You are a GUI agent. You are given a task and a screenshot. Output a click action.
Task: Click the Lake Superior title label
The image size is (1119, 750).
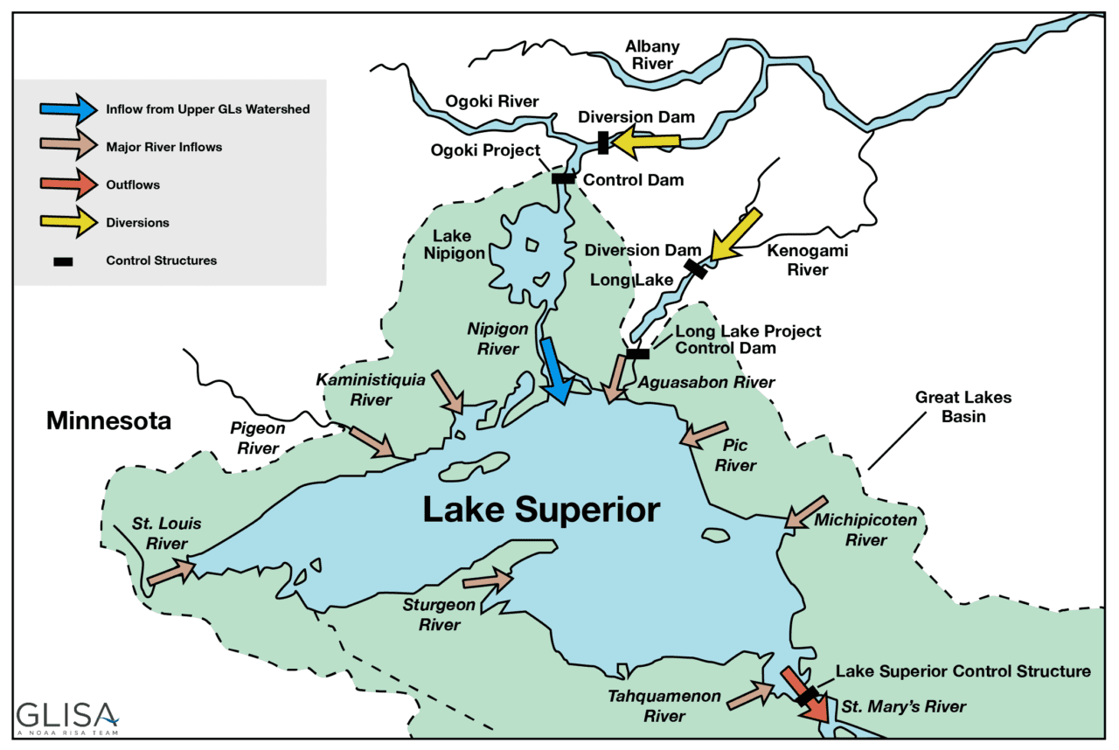pyautogui.click(x=541, y=510)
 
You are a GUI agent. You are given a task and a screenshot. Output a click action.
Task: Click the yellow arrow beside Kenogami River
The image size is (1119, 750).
pyautogui.click(x=735, y=234)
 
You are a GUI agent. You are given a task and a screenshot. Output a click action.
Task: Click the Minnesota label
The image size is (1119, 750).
pyautogui.click(x=109, y=421)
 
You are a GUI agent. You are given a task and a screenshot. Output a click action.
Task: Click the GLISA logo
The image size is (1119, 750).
pyautogui.click(x=66, y=716)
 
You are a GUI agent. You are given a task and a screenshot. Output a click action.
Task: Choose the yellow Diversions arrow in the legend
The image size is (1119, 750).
pyautogui.click(x=68, y=223)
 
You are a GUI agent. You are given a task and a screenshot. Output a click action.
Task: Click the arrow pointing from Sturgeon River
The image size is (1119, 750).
pyautogui.click(x=487, y=579)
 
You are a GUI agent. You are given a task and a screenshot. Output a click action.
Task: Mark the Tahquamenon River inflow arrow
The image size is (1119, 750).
pyautogui.click(x=750, y=695)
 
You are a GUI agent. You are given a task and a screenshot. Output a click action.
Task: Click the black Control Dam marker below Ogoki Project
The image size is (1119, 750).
pyautogui.click(x=563, y=178)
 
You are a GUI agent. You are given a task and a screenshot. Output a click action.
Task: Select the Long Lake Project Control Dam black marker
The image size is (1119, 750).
pyautogui.click(x=637, y=354)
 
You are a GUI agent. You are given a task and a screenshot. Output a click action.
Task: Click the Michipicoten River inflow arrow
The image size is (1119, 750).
pyautogui.click(x=805, y=512)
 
